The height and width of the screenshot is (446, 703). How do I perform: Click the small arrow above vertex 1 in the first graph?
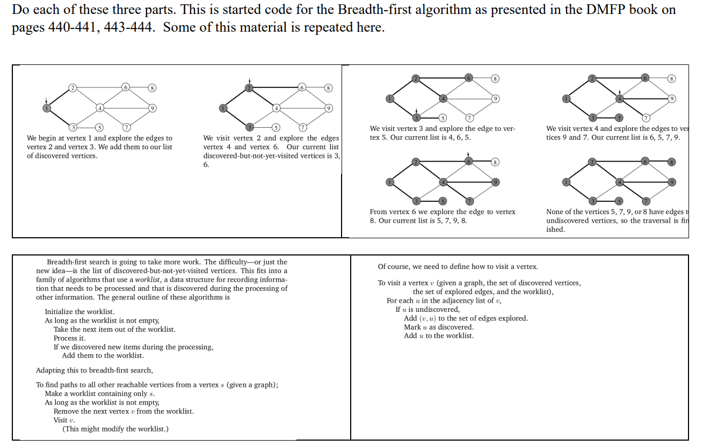(47, 100)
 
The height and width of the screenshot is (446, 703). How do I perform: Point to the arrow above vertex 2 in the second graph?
(249, 81)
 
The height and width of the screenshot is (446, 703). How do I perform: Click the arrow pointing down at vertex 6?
(468, 154)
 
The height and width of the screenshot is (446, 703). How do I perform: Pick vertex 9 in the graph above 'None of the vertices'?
(671, 182)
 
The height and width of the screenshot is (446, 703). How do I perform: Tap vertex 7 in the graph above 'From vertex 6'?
(469, 201)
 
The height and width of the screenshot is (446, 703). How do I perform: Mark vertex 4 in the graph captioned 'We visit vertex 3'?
(443, 98)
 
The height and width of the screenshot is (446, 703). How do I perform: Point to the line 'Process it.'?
(69, 338)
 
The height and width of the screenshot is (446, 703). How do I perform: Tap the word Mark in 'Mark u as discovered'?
(412, 327)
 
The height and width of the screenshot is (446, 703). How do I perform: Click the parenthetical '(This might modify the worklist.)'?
(115, 429)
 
